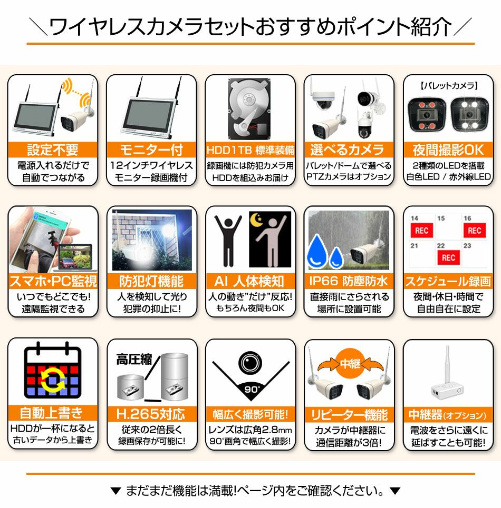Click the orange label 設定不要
pos(53,150)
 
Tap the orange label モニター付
pos(151,150)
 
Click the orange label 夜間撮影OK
pos(448,150)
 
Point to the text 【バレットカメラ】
pos(448,86)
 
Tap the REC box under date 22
pos(448,257)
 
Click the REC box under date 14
pos(422,230)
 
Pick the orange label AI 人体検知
pos(250,281)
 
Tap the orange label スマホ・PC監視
pos(53,281)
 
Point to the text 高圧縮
pos(134,360)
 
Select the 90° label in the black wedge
pos(250,390)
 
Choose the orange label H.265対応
pos(151,414)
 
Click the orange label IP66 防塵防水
pos(349,281)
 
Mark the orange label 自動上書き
pos(53,413)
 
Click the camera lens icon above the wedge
pos(250,362)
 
